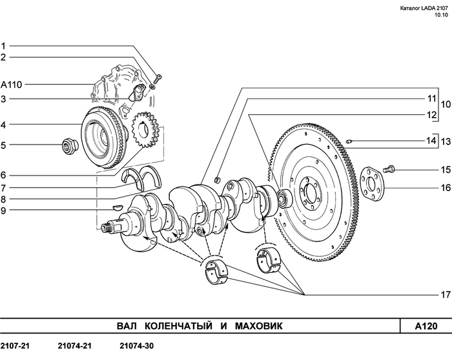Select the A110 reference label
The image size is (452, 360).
(11, 85)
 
